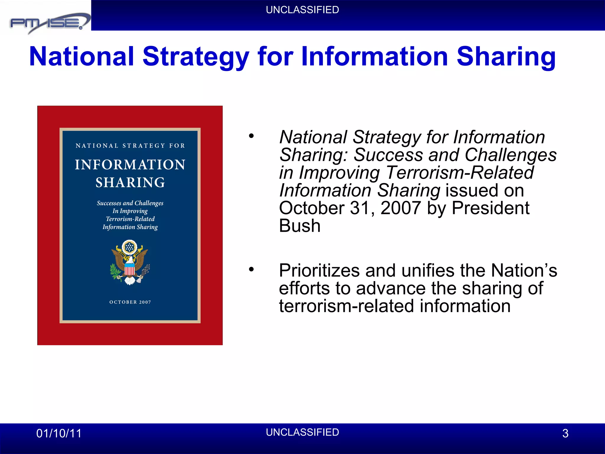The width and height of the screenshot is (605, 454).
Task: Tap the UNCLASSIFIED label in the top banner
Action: [x=302, y=10]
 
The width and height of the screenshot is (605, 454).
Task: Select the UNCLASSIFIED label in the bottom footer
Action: [x=302, y=432]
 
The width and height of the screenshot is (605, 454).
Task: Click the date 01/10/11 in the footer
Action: [x=59, y=433]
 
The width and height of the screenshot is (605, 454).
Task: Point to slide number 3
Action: [x=565, y=433]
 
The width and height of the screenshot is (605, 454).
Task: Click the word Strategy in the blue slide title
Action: [x=196, y=57]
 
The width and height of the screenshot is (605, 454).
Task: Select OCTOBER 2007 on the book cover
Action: [x=130, y=302]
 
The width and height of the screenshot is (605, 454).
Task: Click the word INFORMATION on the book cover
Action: [x=130, y=165]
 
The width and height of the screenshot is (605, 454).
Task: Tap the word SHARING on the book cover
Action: [x=130, y=182]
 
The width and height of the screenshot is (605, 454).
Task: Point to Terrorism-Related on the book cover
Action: [x=130, y=219]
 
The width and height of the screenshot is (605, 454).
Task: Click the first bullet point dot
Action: [x=251, y=136]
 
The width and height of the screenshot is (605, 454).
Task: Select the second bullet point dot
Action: [x=251, y=269]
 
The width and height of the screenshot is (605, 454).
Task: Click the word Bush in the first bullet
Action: [x=300, y=226]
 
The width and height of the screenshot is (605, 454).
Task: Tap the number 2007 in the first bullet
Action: [x=401, y=208]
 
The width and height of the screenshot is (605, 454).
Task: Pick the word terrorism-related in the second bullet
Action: [x=346, y=306]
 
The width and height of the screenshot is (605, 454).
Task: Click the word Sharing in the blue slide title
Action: [x=506, y=57]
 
